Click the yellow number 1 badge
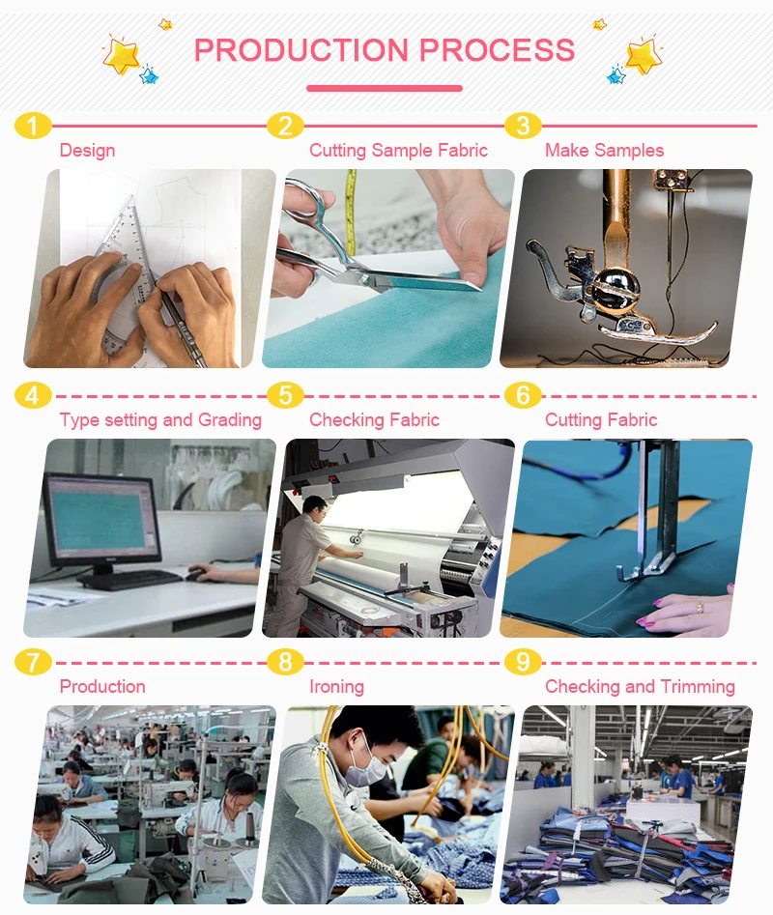(33, 126)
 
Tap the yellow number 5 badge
(285, 395)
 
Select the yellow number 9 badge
(523, 662)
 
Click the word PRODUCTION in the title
(301, 50)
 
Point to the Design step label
(88, 150)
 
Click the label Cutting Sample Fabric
(398, 150)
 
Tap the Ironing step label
(336, 686)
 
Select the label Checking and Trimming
(640, 686)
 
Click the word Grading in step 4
(230, 420)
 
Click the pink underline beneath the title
(385, 88)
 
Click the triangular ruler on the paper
(126, 274)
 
